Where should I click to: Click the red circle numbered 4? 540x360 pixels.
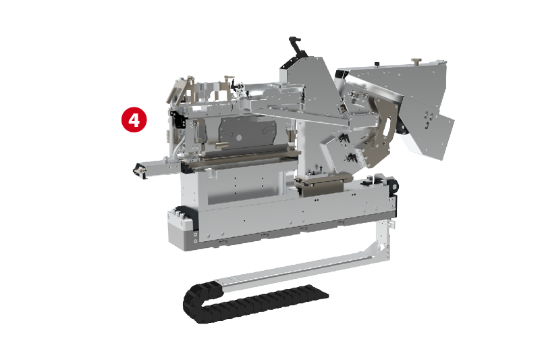(x=134, y=120)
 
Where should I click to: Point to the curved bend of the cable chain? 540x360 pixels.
(x=194, y=303)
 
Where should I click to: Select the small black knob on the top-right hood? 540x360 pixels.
(x=377, y=64)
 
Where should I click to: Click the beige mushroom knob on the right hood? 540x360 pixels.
(x=416, y=61)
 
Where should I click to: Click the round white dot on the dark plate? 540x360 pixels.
(x=239, y=138)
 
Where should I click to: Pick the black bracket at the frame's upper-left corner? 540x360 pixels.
(x=178, y=120)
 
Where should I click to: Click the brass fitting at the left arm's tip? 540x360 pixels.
(x=140, y=170)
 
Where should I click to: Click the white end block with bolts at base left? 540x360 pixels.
(x=180, y=225)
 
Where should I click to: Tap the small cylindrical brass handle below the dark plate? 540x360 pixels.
(x=221, y=146)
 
